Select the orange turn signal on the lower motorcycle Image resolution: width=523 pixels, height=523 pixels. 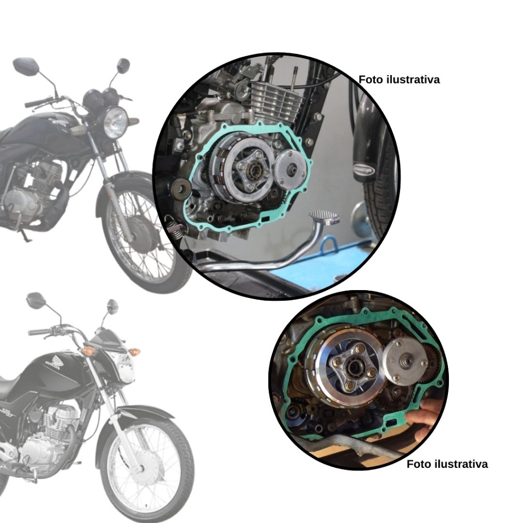[x=88, y=351]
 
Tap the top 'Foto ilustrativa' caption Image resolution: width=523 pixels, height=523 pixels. [x=399, y=80]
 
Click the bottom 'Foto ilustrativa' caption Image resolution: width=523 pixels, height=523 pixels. [x=447, y=464]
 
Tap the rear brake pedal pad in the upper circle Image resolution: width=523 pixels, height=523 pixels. [x=323, y=218]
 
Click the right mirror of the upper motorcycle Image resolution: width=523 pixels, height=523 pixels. [x=123, y=64]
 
